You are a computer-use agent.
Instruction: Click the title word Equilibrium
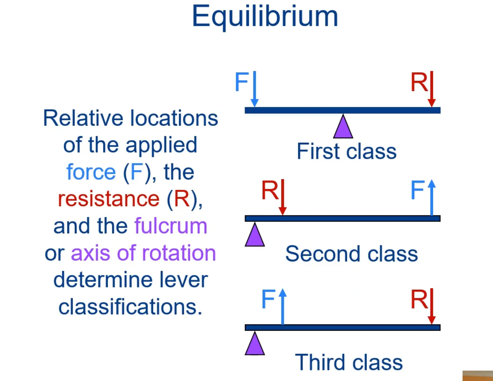point(265,17)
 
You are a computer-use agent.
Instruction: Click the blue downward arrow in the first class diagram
point(255,88)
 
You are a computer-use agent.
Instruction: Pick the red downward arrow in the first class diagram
point(432,88)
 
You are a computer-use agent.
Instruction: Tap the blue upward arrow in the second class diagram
point(432,197)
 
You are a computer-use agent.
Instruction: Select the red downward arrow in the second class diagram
point(283,197)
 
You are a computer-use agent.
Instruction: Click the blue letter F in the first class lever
point(241,82)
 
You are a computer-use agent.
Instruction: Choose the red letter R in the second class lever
point(269,190)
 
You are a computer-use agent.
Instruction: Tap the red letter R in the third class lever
point(419,299)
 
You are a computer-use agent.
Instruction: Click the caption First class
point(346,151)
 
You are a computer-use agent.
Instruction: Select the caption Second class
point(351,254)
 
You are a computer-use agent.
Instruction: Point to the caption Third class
point(349,362)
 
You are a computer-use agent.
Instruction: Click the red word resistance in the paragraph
point(109,199)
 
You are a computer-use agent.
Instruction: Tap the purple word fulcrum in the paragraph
point(171,226)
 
